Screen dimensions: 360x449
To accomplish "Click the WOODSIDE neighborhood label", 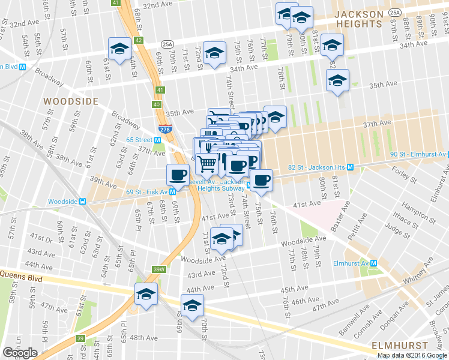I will point(70,101).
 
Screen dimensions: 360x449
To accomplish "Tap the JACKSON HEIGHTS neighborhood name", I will point(358,19).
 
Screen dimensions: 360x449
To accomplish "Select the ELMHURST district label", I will point(400,346).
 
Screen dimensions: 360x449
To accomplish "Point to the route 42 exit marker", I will point(139,40).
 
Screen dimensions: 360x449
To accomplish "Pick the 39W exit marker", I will point(158,269).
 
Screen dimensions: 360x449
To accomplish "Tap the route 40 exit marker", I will point(157,104).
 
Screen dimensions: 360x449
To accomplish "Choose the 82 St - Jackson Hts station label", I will point(319,167).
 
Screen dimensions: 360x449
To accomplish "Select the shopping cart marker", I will point(207,162).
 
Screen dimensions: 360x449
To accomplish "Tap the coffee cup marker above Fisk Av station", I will point(177,174).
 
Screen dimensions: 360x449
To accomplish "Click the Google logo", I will point(20,352).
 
